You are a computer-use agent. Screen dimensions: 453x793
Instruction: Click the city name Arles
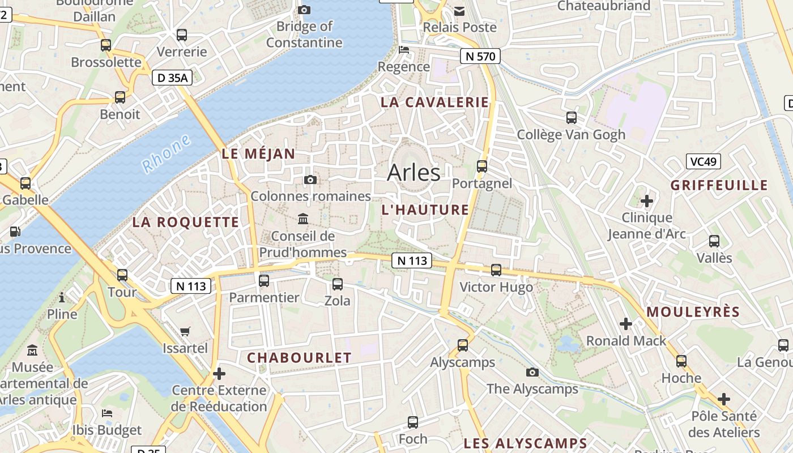pos(413,173)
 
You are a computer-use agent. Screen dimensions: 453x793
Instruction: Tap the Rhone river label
pos(167,154)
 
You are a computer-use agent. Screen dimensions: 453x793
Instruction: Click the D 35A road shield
pos(172,78)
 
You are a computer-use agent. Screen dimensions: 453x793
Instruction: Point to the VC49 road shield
pos(704,161)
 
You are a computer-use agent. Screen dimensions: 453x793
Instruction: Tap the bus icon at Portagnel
pos(482,166)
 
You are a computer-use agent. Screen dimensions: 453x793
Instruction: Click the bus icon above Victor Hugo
pos(496,270)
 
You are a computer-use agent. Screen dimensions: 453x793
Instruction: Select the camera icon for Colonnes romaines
pos(310,180)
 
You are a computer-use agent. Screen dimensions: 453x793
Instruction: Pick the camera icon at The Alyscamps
pos(532,372)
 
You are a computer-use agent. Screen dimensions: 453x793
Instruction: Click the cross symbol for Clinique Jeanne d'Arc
pos(646,201)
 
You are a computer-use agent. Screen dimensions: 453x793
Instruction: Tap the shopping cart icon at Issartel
pos(185,331)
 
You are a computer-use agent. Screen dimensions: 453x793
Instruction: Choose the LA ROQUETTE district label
pos(186,223)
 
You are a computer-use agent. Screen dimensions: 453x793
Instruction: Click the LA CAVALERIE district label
pos(434,102)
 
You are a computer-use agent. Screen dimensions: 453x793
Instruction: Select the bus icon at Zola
pos(338,284)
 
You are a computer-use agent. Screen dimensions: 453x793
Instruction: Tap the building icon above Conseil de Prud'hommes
pos(303,219)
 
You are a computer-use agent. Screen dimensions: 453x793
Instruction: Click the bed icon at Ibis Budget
pos(106,413)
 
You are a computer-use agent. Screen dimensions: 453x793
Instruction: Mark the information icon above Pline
pos(62,297)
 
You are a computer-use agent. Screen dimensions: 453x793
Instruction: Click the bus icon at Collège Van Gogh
pos(572,118)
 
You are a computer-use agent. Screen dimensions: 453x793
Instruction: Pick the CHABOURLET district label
pos(299,358)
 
